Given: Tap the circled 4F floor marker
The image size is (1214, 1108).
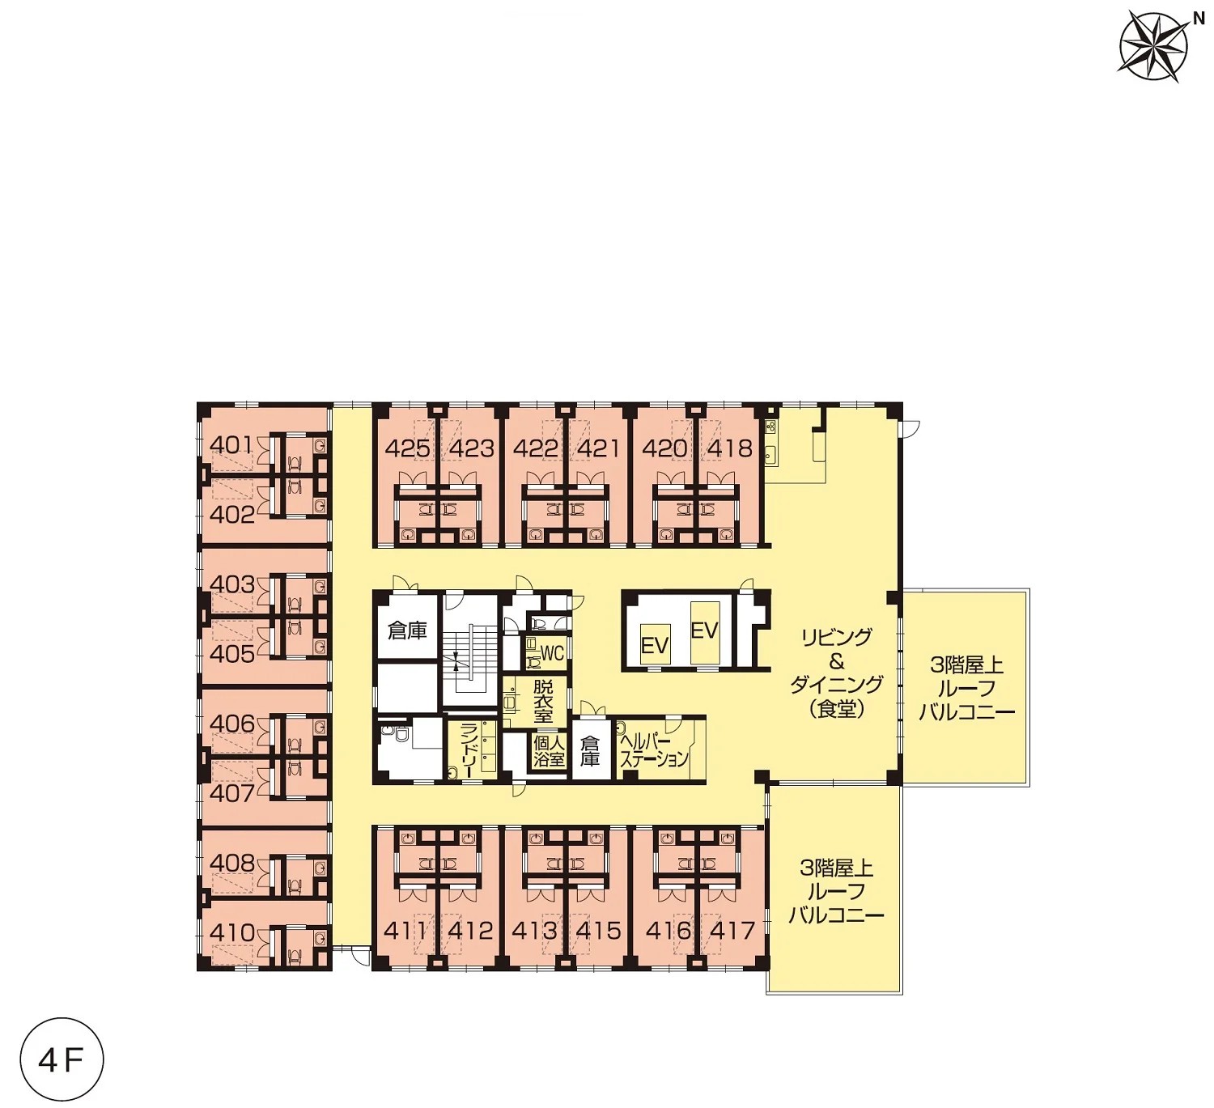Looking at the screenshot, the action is (62, 1059).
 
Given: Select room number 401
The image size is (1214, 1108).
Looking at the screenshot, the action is (231, 446).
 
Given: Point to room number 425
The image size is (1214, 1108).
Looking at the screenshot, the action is (407, 448).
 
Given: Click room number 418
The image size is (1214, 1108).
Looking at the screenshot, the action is (730, 448).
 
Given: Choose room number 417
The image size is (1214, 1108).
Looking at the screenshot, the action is (732, 930).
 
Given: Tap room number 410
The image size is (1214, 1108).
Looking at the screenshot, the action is (232, 933).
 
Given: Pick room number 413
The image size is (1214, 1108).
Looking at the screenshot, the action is (534, 930).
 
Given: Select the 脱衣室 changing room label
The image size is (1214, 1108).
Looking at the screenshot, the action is (543, 702).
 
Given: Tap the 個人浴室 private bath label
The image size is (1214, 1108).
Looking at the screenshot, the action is (549, 750).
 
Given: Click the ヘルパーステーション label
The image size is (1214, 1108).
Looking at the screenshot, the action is (654, 750).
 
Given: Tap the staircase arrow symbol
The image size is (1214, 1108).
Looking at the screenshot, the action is (456, 661).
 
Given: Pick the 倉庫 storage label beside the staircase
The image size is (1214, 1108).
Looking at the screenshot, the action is (407, 631).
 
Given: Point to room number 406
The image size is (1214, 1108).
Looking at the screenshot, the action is (232, 724).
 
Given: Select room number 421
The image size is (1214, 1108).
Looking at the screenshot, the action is (599, 448).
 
